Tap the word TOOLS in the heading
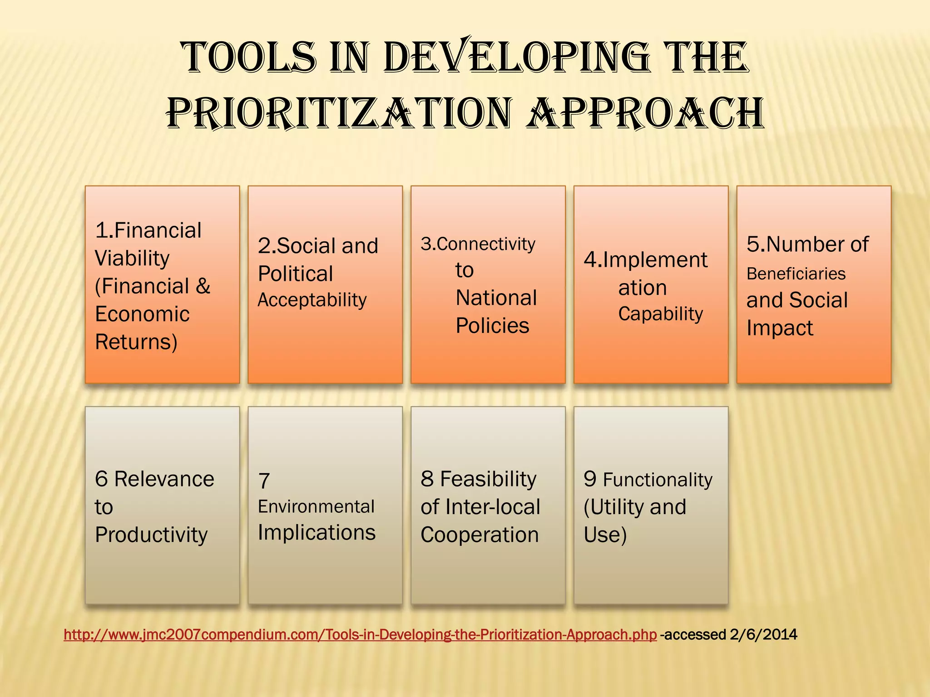[249, 58]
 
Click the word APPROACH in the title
[645, 113]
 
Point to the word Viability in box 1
[132, 259]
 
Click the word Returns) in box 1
[136, 342]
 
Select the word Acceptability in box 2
[312, 300]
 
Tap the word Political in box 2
[295, 274]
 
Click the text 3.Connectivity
[478, 245]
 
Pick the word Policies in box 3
[492, 326]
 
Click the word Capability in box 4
[660, 314]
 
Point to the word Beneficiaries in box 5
[796, 274]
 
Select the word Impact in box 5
[780, 328]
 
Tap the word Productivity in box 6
[151, 535]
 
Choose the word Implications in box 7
[317, 533]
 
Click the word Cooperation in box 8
[480, 535]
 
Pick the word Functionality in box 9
[658, 480]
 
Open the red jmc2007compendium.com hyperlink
[360, 634]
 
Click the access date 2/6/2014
[763, 634]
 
